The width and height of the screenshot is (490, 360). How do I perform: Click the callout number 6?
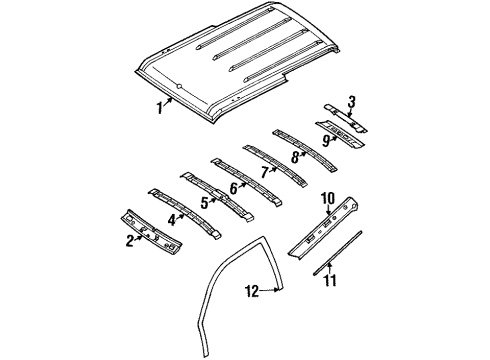(233, 186)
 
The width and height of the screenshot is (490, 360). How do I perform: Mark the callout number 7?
(264, 171)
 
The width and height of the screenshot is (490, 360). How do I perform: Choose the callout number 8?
(294, 156)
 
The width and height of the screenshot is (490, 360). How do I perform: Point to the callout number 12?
(254, 291)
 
